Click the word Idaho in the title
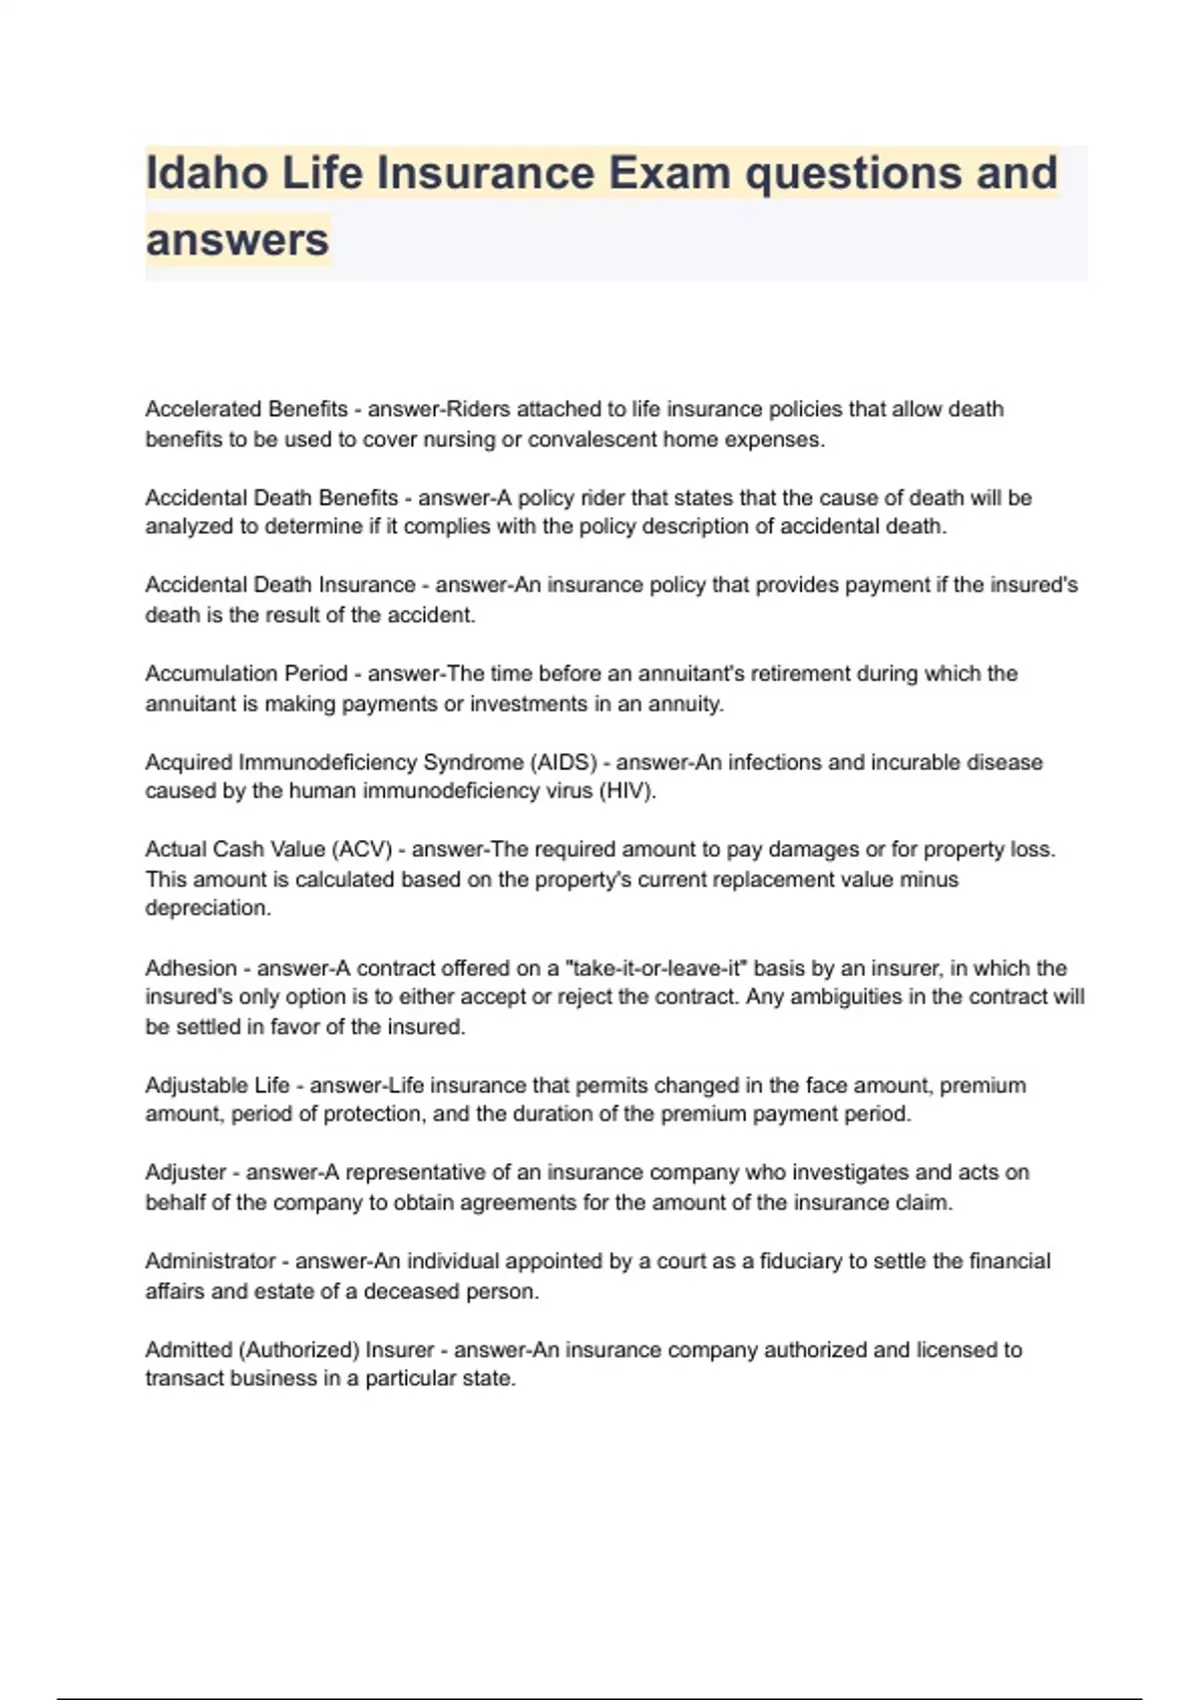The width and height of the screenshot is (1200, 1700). click(206, 173)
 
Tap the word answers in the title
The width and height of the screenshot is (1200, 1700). click(237, 240)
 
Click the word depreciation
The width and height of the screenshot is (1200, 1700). click(208, 908)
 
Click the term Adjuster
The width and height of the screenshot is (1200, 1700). click(186, 1172)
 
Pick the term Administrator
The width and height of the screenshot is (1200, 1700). click(210, 1261)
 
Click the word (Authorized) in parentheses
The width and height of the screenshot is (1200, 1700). click(299, 1350)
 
